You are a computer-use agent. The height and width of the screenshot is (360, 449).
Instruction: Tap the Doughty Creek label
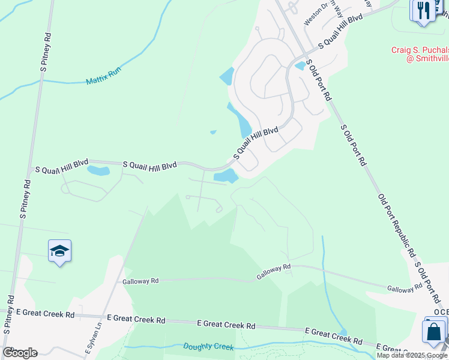pyautogui.click(x=208, y=346)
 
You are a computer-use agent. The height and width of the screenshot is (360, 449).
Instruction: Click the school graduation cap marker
pyautogui.click(x=60, y=251)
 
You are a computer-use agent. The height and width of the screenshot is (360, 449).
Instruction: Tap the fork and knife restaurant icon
pyautogui.click(x=423, y=10)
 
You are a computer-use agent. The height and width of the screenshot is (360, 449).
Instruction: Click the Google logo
pyautogui.click(x=20, y=353)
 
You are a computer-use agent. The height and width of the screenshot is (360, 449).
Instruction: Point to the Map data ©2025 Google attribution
pyautogui.click(x=412, y=355)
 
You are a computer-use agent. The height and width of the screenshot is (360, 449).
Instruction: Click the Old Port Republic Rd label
pyautogui.click(x=396, y=225)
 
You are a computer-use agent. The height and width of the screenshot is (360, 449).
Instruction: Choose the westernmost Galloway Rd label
pyautogui.click(x=140, y=281)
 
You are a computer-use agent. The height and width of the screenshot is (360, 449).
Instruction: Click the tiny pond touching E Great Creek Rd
pyautogui.click(x=342, y=332)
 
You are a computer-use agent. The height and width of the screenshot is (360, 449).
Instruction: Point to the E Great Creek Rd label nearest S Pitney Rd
pyautogui.click(x=46, y=314)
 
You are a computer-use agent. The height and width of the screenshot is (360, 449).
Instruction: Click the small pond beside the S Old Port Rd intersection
pyautogui.click(x=300, y=66)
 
